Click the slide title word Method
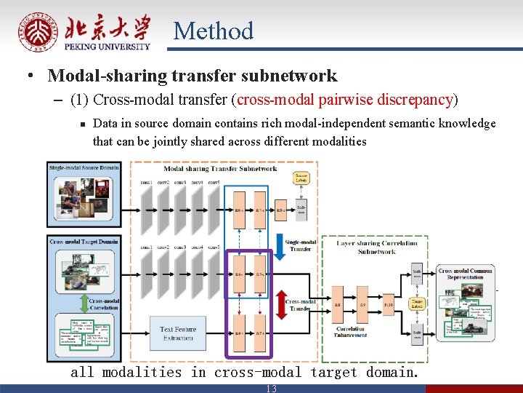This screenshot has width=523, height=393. [214, 31]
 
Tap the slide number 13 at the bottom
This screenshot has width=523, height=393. [271, 389]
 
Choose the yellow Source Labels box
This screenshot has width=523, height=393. [301, 177]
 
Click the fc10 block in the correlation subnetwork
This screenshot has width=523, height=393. [389, 304]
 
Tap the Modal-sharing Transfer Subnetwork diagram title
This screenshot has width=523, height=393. [230, 168]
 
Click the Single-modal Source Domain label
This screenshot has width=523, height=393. [84, 168]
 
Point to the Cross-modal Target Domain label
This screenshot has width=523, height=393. [84, 240]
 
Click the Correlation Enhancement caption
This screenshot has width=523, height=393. [350, 333]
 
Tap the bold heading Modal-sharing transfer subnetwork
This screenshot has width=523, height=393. [192, 76]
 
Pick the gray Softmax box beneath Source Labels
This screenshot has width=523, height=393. [301, 209]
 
